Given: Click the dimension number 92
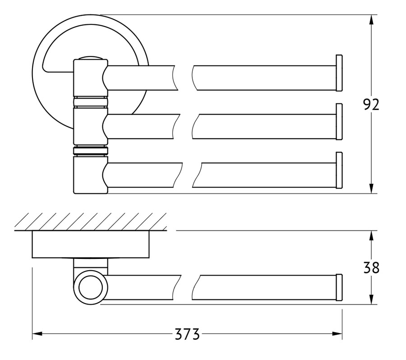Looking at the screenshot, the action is pos(371,104).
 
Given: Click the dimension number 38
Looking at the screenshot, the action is pos(371,268).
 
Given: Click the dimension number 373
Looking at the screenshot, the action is pos(187,334).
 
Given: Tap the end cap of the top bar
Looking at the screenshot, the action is pos(339,73).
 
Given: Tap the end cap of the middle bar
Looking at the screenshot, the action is pos(339,122).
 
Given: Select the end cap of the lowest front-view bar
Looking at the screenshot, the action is pos(339,170).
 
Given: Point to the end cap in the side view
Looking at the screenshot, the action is pos(339,287).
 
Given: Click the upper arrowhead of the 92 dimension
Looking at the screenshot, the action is pos(371,20).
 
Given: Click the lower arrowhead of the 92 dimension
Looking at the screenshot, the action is pos(371,188).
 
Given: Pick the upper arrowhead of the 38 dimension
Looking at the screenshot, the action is pos(371,235).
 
